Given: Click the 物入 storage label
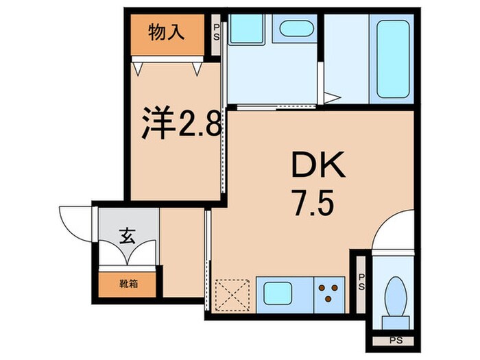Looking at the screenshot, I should pos(166,32).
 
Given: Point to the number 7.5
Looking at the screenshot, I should pos(313,204).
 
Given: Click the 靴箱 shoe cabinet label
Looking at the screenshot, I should pos(128,282).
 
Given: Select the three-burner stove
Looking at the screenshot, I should pos(331,291).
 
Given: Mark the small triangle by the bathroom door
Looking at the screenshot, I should pos(331,98).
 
